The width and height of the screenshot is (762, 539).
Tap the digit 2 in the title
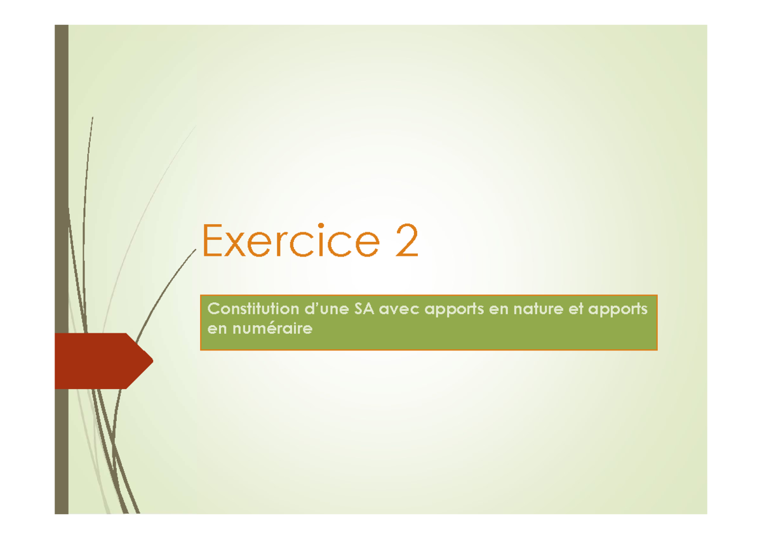(x=406, y=241)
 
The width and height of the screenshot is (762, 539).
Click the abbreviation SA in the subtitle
(x=363, y=309)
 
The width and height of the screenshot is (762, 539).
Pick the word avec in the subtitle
(x=399, y=309)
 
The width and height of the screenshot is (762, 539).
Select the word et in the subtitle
(x=566, y=309)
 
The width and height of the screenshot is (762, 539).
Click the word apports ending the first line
(x=618, y=310)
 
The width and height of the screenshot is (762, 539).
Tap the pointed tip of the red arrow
(x=151, y=361)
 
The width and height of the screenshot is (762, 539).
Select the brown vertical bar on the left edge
(x=61, y=190)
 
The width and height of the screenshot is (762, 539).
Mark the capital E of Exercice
(x=211, y=241)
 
